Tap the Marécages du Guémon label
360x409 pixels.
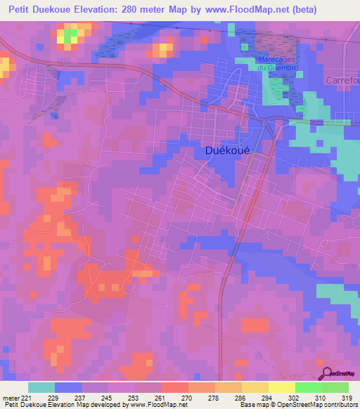(274, 62)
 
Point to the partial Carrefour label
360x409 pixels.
(342, 80)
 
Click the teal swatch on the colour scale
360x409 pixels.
(41, 387)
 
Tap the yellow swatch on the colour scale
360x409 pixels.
(281, 387)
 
